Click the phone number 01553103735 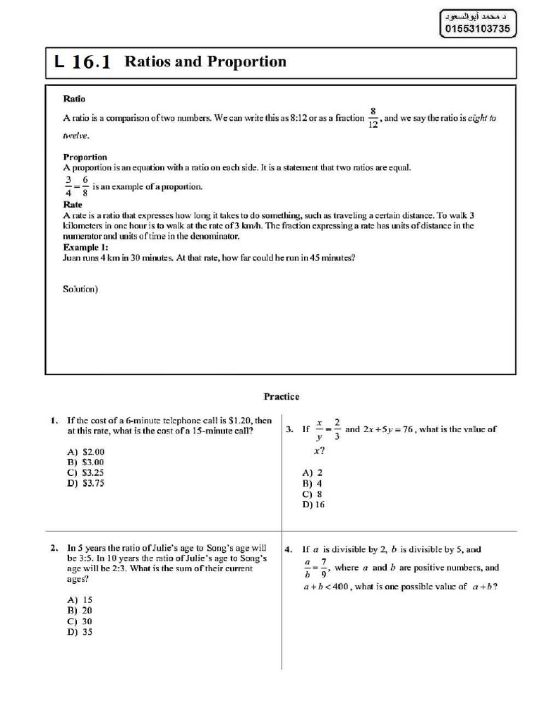(x=477, y=29)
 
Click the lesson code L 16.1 (x=83, y=62)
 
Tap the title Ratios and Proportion (x=205, y=62)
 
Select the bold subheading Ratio (x=74, y=100)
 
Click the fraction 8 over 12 (x=373, y=118)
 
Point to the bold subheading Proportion (x=85, y=157)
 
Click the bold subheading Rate (x=73, y=205)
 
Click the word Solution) (x=80, y=288)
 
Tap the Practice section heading (x=282, y=397)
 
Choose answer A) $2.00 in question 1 (x=85, y=451)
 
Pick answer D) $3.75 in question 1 (x=85, y=483)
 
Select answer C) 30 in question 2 (x=80, y=621)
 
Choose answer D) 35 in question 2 (x=80, y=632)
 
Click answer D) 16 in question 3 (x=313, y=505)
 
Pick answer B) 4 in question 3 (x=311, y=484)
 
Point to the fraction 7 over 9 (x=324, y=568)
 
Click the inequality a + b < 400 (x=326, y=586)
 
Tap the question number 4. (x=289, y=549)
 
